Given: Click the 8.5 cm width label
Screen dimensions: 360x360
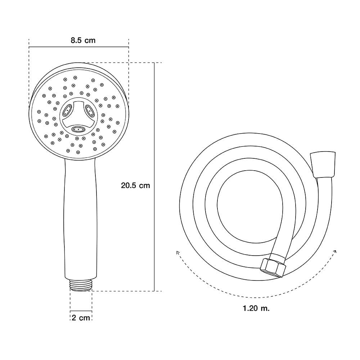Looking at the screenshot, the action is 83,40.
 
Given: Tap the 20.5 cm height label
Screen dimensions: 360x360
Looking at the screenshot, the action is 135,185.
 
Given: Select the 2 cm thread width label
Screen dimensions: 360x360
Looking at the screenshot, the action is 81,318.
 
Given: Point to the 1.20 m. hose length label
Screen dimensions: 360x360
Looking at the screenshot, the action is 256,308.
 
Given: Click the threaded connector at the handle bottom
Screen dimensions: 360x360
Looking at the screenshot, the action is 81,285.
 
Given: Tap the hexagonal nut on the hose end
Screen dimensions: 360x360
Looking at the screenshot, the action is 273,268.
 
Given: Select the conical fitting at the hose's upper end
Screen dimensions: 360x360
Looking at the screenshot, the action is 323,165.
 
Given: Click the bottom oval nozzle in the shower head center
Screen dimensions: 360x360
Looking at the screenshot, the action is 79,130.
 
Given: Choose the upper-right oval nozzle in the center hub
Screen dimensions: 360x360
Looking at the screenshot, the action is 90,110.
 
